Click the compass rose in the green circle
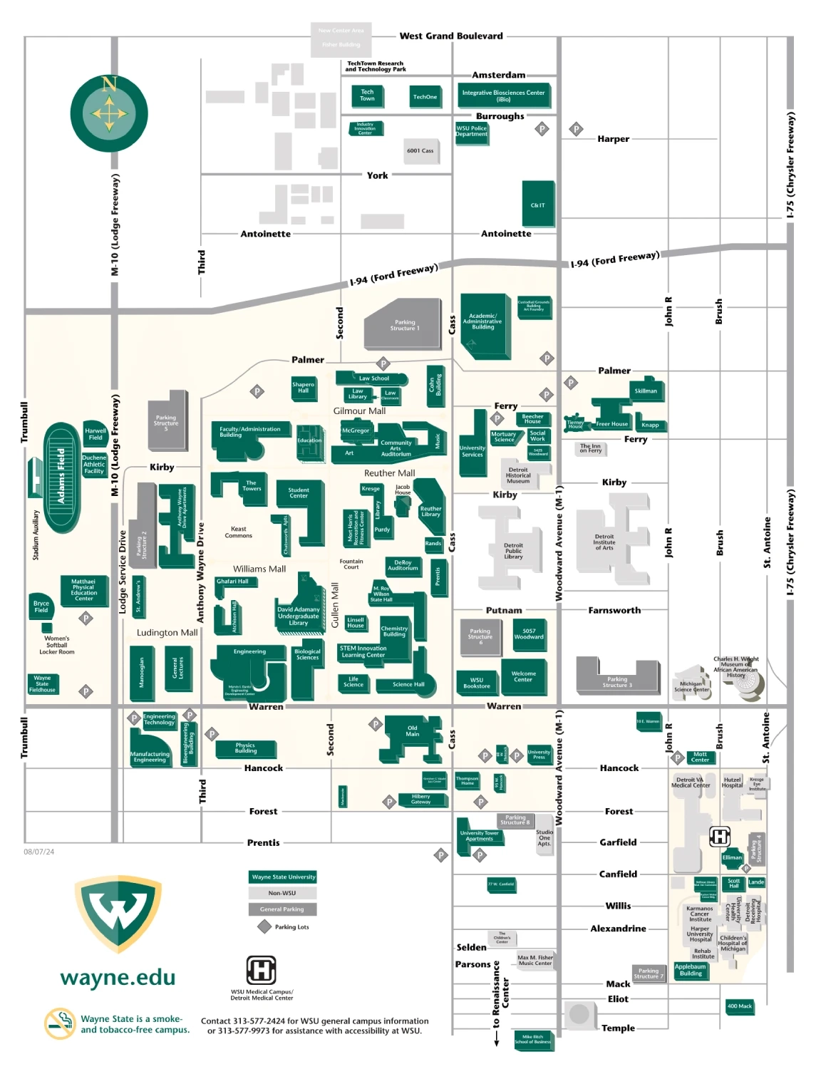109,113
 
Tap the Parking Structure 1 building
405,326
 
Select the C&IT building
538,205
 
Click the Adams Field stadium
62,476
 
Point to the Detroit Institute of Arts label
604,542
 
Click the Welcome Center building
523,676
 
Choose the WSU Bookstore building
477,683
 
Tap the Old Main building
412,732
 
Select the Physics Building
245,748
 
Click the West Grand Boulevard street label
450,36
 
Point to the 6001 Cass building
420,150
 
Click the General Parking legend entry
282,909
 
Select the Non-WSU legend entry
282,893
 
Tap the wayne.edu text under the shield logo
118,978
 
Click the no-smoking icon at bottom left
60,1023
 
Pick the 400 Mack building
739,1006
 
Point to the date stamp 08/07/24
39,852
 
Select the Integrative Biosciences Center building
503,95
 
